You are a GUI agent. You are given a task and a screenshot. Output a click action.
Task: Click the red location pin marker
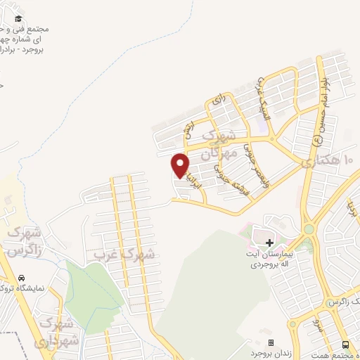[x=181, y=165]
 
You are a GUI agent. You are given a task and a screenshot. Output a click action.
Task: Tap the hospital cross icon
[x=269, y=242]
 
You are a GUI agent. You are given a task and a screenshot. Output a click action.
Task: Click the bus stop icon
[x=345, y=345]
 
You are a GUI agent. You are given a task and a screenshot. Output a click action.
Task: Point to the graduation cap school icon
[x=18, y=19]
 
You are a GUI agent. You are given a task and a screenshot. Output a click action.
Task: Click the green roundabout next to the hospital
[x=308, y=229]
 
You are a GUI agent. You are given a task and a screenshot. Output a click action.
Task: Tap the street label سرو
[x=318, y=326]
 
